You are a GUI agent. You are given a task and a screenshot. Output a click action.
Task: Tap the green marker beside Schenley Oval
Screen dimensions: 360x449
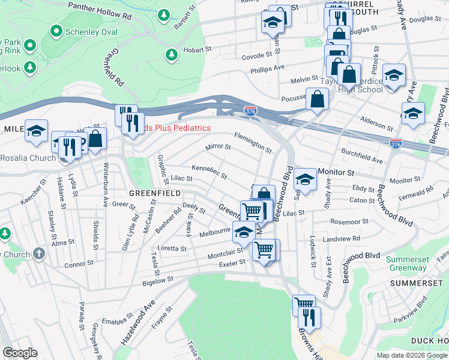coord(57,30)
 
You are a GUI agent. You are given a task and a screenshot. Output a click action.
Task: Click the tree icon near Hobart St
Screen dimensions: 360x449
coord(172,55)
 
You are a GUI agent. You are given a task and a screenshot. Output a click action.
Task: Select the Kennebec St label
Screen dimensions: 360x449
coord(209,172)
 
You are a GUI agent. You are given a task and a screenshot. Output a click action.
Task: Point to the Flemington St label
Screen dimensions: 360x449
coord(253,142)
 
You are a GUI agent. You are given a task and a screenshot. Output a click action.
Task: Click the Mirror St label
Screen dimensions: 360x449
coord(218,146)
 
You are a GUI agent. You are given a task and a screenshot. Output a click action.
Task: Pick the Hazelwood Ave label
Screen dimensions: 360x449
coord(137,331)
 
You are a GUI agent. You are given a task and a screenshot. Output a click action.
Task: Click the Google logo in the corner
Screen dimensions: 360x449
coord(20,353)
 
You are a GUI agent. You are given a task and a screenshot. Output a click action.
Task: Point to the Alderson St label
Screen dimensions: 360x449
coord(377,125)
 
